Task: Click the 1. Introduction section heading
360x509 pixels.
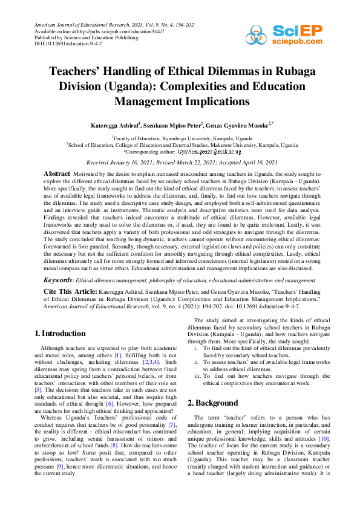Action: [60, 333]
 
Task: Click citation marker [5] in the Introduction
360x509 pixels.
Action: [38, 391]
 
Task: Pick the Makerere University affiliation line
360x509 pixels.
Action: [182, 145]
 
